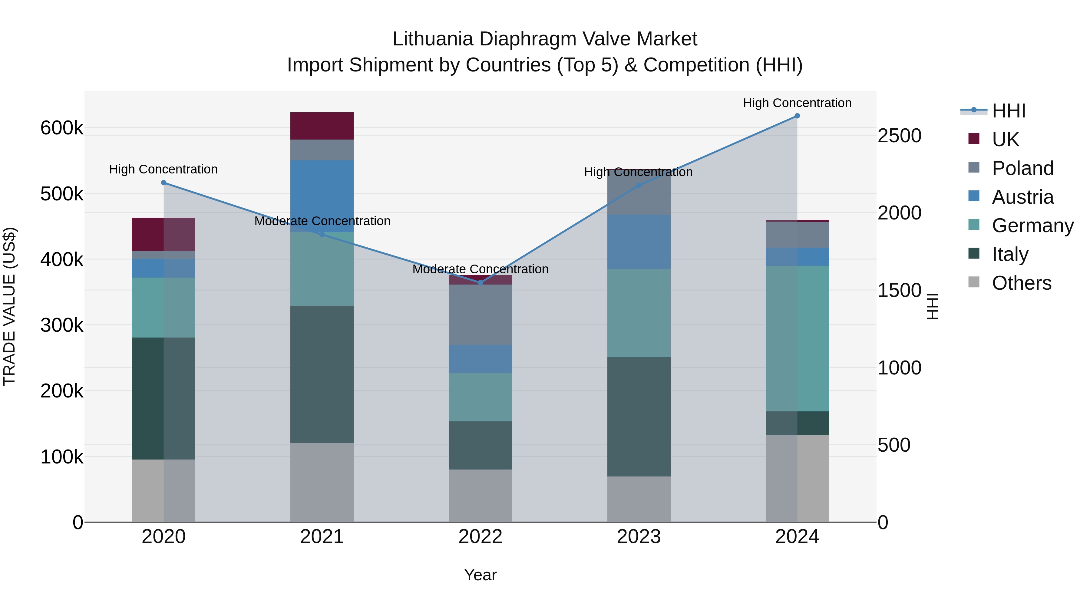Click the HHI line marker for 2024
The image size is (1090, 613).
click(797, 116)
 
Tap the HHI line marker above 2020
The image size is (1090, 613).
click(164, 183)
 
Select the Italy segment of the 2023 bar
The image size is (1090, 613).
click(639, 417)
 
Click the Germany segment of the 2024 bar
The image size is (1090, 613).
click(797, 338)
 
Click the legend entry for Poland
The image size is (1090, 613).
click(1022, 168)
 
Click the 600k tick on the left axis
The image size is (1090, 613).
click(62, 128)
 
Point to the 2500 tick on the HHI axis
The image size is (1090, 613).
click(899, 136)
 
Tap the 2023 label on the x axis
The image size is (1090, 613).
click(639, 537)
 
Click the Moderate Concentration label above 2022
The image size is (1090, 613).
click(480, 269)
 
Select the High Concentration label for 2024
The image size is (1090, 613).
click(797, 103)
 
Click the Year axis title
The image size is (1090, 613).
click(480, 575)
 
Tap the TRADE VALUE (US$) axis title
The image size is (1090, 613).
click(9, 306)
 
